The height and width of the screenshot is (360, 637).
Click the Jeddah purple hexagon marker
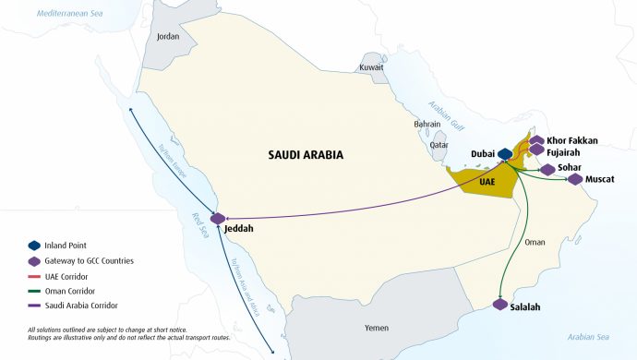click(x=218, y=219)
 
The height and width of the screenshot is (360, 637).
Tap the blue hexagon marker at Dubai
click(x=505, y=154)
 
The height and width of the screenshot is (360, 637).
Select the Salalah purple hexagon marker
click(x=500, y=305)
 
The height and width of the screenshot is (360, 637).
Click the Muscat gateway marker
click(x=575, y=179)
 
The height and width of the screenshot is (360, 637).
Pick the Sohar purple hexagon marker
click(x=548, y=169)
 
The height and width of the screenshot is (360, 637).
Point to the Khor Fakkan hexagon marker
click(x=536, y=140)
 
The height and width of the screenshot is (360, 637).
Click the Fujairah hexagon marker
click(x=536, y=150)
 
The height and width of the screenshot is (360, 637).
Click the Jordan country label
click(x=168, y=37)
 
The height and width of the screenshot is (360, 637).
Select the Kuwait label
click(x=371, y=67)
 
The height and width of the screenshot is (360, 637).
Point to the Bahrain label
click(x=427, y=124)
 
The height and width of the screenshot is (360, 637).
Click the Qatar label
click(x=439, y=145)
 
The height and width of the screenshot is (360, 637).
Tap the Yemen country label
click(x=377, y=328)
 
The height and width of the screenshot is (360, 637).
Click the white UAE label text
click(x=487, y=182)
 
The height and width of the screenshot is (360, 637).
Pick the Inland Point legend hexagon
click(x=34, y=246)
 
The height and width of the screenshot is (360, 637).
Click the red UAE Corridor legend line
click(x=34, y=276)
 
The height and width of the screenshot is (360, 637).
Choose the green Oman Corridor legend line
click(x=34, y=291)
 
